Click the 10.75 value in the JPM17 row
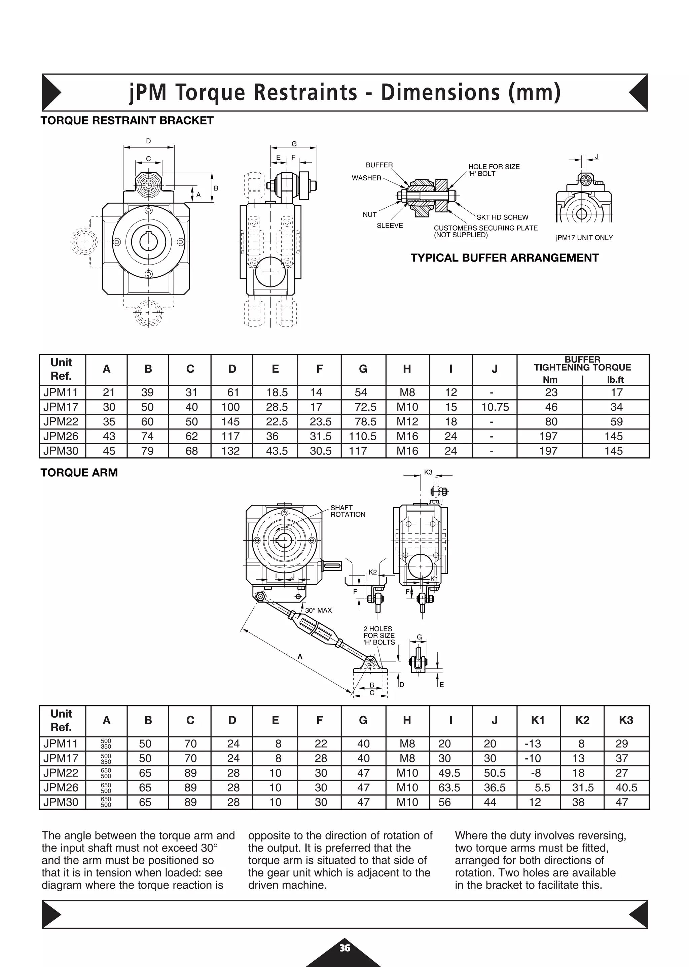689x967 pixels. pos(495,407)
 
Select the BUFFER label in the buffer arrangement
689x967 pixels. pos(379,165)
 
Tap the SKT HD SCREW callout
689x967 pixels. pos(502,217)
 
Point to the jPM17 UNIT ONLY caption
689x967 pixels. pos(584,238)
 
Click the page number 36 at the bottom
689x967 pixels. pos(344,948)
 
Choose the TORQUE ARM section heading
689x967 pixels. pos(79,473)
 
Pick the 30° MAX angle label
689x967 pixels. pos(318,611)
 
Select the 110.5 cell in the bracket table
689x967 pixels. pos(362,437)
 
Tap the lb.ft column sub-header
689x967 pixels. pos(615,380)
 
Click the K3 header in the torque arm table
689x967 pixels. pos(626,720)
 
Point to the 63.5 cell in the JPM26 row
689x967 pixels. pos(449,788)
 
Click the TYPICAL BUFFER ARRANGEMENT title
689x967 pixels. pos(504,258)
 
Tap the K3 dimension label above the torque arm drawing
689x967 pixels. pos(428,472)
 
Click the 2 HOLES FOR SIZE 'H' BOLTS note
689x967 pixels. pos(379,635)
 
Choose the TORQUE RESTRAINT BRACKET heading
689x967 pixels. pos(127,120)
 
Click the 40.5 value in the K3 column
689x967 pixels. pos(626,788)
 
